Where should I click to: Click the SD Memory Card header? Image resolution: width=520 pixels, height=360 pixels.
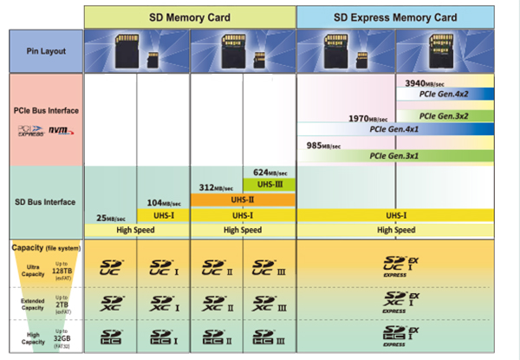coord(189,17)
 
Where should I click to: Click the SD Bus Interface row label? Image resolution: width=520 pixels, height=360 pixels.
coord(45,202)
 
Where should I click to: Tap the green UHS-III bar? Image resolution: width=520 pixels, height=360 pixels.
coord(270,184)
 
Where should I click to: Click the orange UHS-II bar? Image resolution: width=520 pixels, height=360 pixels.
coord(243,199)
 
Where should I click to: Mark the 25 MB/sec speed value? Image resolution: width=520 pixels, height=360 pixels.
coord(110,217)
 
